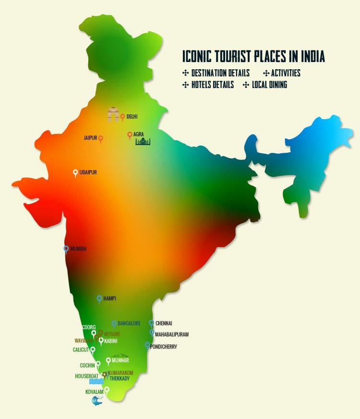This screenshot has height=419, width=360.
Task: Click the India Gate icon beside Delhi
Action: tap(113, 115)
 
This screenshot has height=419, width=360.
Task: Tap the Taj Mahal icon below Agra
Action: tap(143, 141)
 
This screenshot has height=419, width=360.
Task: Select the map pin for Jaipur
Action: tap(101, 139)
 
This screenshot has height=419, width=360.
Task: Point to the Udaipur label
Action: tap(88, 172)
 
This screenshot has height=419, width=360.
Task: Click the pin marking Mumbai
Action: tap(66, 249)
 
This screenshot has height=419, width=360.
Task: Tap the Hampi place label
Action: tap(110, 298)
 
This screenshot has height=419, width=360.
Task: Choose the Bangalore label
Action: tap(129, 323)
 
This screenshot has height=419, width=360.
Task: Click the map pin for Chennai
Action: tap(151, 323)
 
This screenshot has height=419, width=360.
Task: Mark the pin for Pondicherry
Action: tap(147, 345)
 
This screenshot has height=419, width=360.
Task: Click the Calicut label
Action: tap(81, 350)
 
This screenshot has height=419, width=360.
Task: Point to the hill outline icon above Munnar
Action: tap(120, 356)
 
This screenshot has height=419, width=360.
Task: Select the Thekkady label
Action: tap(120, 378)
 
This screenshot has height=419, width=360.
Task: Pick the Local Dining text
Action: tap(269, 85)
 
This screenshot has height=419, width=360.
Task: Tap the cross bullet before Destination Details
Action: tap(185, 73)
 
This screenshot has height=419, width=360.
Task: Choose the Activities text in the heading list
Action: tap(286, 73)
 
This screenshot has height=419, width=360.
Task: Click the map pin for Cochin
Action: tap(98, 364)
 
